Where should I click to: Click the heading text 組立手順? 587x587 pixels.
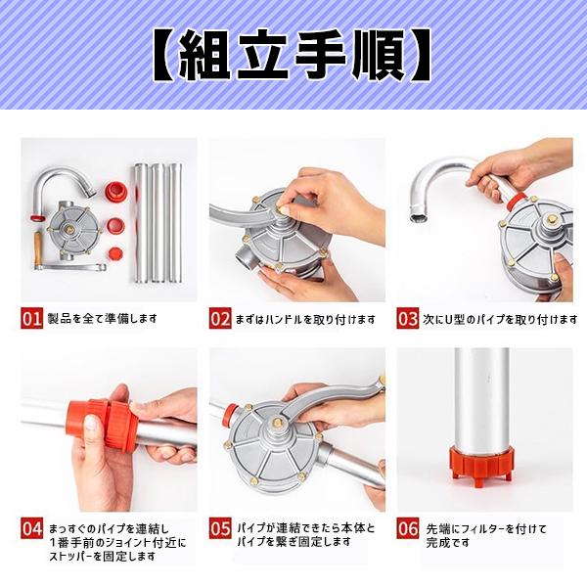pyautogui.click(x=293, y=57)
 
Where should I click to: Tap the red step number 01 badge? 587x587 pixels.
pyautogui.click(x=31, y=318)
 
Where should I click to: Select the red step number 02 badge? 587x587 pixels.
pyautogui.click(x=219, y=318)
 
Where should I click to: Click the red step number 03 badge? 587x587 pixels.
pyautogui.click(x=407, y=318)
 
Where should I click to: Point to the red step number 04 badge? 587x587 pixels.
pyautogui.click(x=31, y=529)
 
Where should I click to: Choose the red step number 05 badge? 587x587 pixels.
pyautogui.click(x=219, y=529)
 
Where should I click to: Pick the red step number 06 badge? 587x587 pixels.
pyautogui.click(x=407, y=529)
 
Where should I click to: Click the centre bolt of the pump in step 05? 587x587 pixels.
pyautogui.click(x=277, y=423)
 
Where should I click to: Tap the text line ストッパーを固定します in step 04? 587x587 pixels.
pyautogui.click(x=91, y=557)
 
